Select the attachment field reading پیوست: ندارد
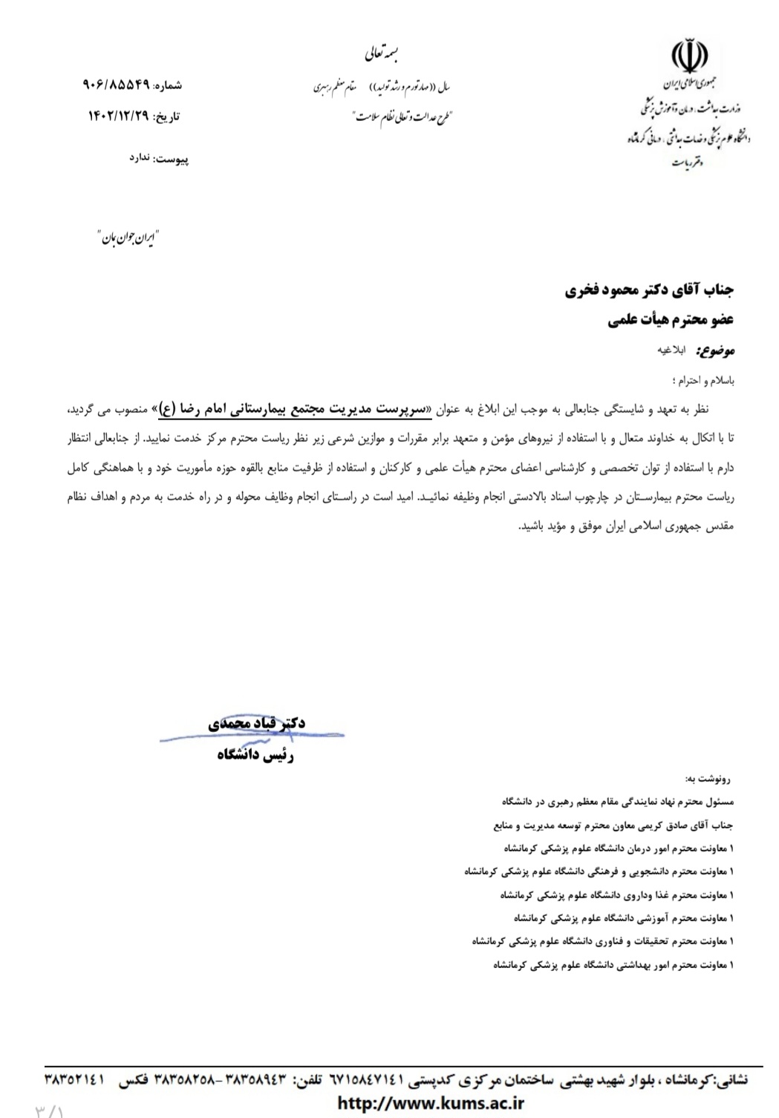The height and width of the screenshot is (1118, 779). [159, 159]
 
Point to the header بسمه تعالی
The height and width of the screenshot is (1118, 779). [382, 53]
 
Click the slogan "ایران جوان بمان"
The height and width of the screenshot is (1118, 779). [128, 238]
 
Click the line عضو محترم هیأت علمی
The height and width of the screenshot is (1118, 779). [671, 320]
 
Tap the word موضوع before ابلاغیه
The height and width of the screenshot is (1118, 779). [717, 350]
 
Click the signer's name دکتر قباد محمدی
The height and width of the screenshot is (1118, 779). [256, 723]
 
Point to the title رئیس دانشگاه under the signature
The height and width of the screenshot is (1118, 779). [255, 755]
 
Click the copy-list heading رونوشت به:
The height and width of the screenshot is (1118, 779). [708, 779]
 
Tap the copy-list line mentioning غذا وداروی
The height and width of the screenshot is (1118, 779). [616, 895]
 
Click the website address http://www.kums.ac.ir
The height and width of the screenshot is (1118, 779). [431, 1103]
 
